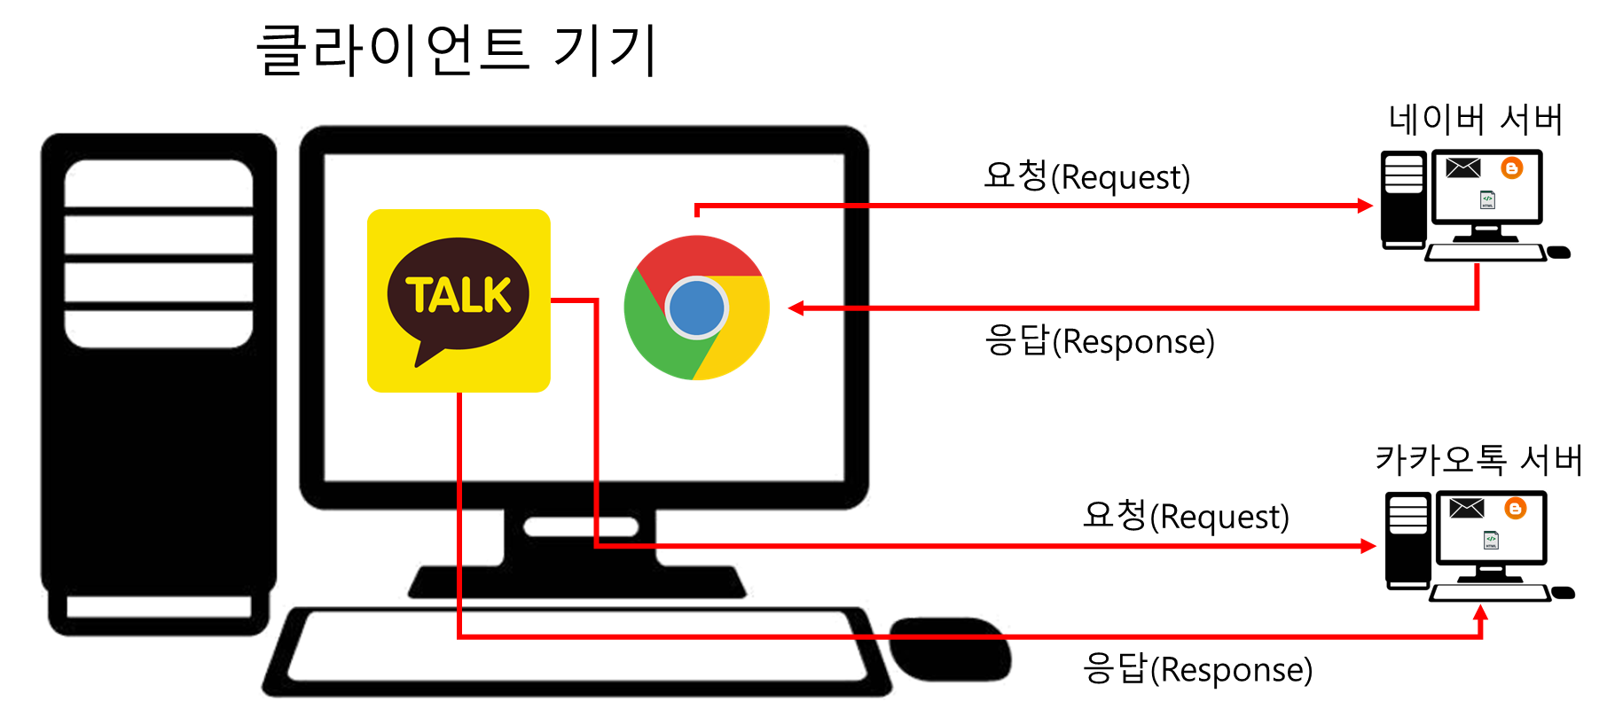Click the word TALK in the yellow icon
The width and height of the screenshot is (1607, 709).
[459, 295]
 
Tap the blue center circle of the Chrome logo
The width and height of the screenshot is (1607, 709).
[696, 308]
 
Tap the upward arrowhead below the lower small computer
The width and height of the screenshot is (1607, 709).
[1479, 612]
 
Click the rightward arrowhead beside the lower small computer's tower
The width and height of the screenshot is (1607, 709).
[1368, 546]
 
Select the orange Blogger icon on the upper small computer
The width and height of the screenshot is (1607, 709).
[1511, 168]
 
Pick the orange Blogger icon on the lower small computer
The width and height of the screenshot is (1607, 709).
[1515, 509]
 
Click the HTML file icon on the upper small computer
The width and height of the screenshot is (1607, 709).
[1487, 200]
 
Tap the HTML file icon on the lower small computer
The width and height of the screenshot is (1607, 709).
[1491, 540]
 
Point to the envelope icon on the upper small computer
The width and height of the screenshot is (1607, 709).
[1462, 168]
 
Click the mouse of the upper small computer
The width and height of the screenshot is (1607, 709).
[1559, 253]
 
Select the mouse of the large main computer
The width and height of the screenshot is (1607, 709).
[951, 649]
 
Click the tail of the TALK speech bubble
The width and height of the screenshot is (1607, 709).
[426, 354]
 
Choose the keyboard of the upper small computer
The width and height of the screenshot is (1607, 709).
[1484, 253]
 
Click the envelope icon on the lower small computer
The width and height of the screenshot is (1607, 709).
[1466, 509]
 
